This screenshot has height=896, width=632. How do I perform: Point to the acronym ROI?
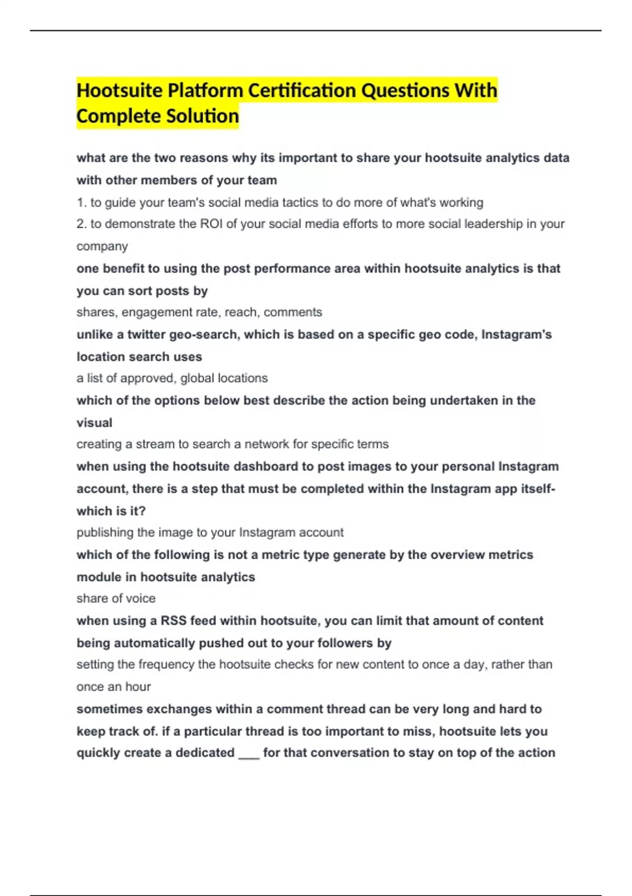pos(211,224)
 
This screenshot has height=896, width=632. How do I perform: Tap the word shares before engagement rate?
pos(96,312)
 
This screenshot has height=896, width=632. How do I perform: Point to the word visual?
pos(94,423)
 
